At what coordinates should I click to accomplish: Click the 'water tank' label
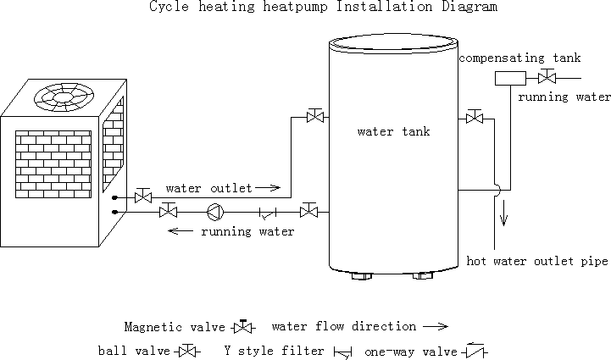pos(393,132)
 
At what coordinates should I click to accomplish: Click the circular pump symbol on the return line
pos(214,211)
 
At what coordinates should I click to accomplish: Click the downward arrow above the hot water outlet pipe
pos(504,215)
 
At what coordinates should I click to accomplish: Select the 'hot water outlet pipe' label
pos(538,261)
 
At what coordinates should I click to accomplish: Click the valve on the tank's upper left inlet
pos(315,116)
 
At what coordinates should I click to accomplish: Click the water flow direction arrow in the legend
pos(435,326)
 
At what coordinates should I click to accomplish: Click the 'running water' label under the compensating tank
pos(564,97)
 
